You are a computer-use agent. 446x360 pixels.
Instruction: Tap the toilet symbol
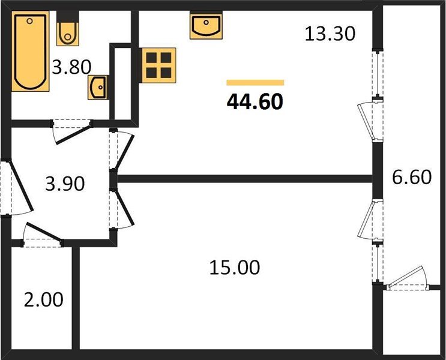(x=67, y=31)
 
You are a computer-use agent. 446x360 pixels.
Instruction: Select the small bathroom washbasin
(x=97, y=87)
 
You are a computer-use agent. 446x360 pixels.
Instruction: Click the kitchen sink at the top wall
(x=205, y=26)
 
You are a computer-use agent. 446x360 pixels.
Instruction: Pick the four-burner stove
(x=158, y=65)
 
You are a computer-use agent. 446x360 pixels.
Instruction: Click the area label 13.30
(x=330, y=34)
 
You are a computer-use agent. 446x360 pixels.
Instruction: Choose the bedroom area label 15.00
(x=234, y=267)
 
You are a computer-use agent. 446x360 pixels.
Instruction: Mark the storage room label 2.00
(x=43, y=299)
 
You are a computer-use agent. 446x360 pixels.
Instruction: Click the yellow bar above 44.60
(x=255, y=83)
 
